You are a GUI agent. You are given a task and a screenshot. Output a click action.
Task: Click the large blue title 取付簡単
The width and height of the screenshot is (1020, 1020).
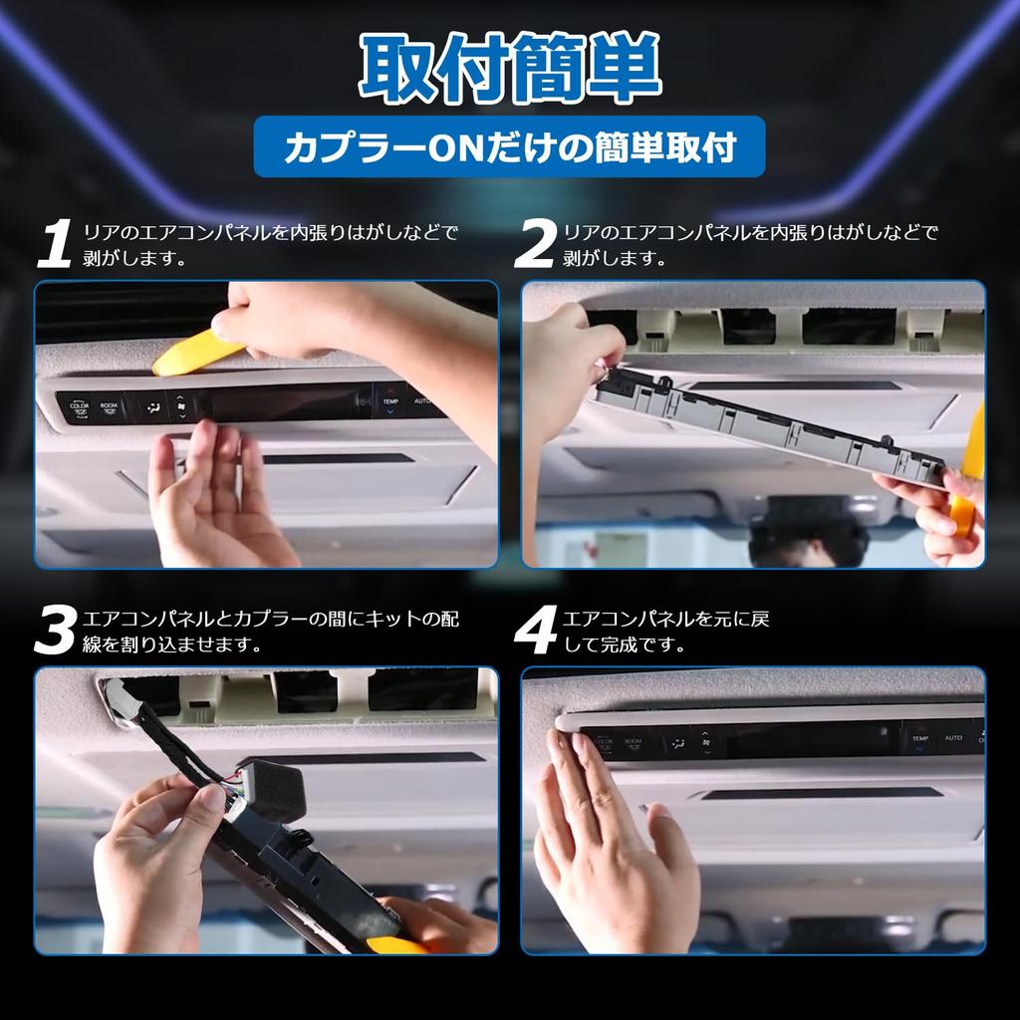[509, 71]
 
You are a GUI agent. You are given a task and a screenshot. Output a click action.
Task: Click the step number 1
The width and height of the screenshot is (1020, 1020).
[54, 245]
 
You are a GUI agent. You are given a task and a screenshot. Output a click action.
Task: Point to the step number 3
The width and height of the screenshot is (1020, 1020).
[54, 631]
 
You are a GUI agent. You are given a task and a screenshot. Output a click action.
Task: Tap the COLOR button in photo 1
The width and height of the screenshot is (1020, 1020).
[79, 405]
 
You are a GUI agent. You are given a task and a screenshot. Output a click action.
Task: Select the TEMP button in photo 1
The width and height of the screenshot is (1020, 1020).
[389, 402]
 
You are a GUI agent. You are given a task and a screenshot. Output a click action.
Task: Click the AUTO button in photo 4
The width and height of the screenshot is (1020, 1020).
[952, 738]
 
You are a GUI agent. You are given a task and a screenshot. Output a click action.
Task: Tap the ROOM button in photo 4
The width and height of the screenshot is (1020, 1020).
[634, 742]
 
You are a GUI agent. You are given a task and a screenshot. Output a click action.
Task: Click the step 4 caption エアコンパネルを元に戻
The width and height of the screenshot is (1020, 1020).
[665, 620]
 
